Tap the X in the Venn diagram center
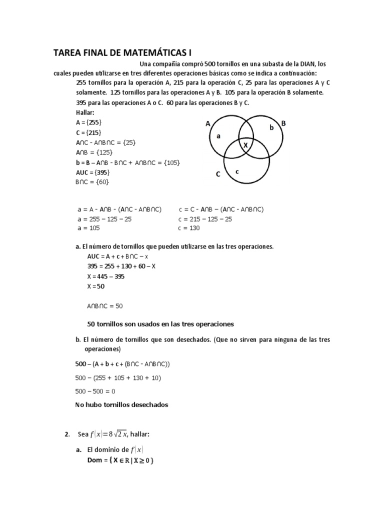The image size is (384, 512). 245,145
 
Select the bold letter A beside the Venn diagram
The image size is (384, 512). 208,123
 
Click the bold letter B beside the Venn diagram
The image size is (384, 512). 283,123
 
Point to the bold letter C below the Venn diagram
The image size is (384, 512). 218,174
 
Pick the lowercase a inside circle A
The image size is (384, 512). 218,135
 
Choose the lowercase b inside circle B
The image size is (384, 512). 272,127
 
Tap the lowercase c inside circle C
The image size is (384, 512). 237,171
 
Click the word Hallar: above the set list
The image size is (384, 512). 85,112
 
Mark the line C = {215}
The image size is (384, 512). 88,132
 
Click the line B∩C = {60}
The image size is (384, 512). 92,182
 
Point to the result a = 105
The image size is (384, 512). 88,228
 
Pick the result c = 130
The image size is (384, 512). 188,228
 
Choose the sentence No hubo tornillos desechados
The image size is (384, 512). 121,405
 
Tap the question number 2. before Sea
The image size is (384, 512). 68,434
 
